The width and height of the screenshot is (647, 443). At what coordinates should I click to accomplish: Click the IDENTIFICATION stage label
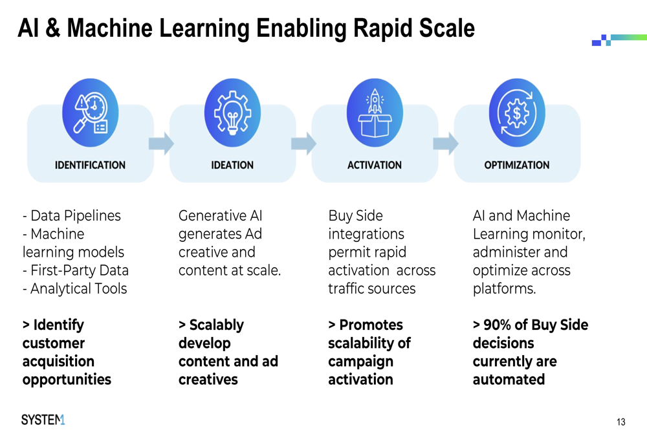[x=90, y=165]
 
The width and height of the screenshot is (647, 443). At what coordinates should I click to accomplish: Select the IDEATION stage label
[x=232, y=165]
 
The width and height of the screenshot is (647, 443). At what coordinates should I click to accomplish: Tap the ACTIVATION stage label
[x=374, y=165]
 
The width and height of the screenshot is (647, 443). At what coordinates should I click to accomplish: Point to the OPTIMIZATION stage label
[x=516, y=165]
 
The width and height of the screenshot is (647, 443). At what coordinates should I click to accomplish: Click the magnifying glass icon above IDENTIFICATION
[x=91, y=113]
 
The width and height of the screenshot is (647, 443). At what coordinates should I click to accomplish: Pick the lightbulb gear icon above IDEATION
[x=232, y=113]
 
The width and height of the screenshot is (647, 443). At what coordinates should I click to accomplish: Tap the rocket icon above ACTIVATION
[x=375, y=113]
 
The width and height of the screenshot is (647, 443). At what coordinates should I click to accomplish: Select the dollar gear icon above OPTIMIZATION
[x=517, y=113]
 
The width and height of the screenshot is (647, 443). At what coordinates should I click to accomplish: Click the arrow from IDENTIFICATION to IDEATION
[x=161, y=144]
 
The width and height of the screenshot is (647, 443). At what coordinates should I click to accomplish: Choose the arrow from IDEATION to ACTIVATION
[x=303, y=144]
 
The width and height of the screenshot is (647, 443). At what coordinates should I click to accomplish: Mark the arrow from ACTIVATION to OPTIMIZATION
[x=446, y=144]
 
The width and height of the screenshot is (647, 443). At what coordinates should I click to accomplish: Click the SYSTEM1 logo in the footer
[x=43, y=420]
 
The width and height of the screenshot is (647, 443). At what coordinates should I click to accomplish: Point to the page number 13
[x=621, y=422]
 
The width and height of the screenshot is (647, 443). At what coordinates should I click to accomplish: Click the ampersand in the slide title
[x=52, y=28]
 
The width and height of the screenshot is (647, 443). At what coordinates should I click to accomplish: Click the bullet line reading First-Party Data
[x=76, y=270]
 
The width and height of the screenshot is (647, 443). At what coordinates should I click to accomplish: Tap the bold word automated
[x=509, y=380]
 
